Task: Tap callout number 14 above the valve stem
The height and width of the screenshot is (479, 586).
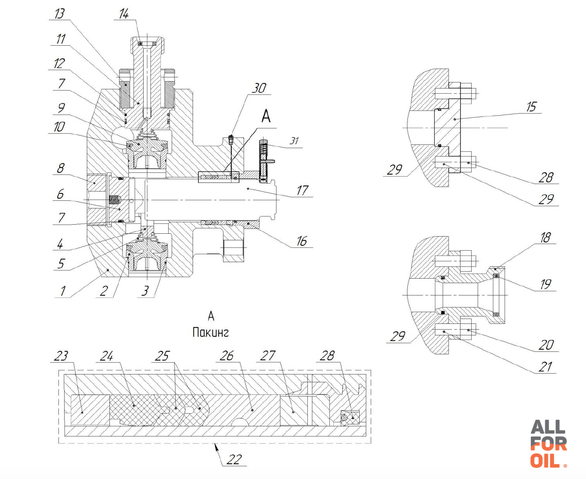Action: coord(123,14)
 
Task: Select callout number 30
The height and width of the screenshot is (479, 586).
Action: coord(259,88)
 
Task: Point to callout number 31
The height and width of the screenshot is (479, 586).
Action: coord(294,141)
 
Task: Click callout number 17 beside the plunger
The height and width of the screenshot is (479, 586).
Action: coord(302,190)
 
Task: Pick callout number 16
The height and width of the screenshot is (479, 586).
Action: coord(302,241)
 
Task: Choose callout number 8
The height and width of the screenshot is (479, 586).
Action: coord(61,168)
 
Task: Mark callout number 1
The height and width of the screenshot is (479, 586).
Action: coord(63,291)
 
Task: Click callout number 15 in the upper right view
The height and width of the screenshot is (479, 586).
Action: coord(531,107)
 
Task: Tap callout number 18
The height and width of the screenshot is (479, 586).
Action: coord(545,237)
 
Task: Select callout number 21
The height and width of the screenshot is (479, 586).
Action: coord(545,367)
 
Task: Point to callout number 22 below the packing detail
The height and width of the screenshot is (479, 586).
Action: coord(234,460)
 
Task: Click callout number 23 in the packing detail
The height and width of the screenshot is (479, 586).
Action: coord(60,356)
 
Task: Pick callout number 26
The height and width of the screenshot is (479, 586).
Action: coord(226,356)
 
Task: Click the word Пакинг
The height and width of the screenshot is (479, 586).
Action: coord(211,333)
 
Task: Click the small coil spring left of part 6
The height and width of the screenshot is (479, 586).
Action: coord(114,200)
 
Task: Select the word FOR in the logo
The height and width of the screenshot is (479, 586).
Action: coord(549,444)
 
